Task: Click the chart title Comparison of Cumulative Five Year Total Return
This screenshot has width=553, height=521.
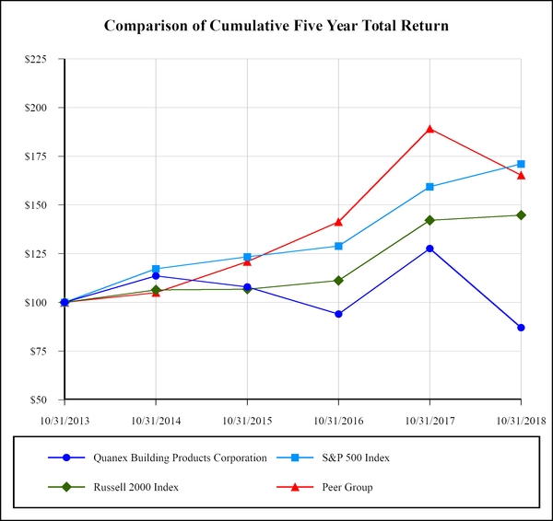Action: point(276,25)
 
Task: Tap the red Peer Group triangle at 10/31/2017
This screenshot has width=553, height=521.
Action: point(429,129)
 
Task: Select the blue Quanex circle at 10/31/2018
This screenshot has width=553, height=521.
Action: point(521,328)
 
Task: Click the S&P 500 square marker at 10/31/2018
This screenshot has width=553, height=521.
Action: point(521,164)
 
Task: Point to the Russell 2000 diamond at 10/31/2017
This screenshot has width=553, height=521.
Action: point(429,220)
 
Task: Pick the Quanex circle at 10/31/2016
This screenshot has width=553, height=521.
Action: point(338,314)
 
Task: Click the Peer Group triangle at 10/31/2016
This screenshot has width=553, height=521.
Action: point(338,222)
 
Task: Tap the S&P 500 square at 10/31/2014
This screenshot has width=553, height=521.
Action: point(156,269)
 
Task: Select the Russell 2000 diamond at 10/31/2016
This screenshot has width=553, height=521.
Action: point(338,280)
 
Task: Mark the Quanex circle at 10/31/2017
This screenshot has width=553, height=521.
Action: point(429,249)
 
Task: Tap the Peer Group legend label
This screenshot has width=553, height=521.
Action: point(347,487)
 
